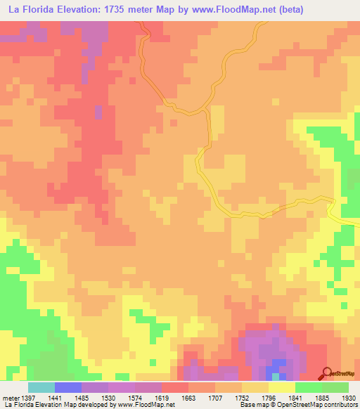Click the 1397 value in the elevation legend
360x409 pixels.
coord(28,397)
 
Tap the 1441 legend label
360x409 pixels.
coord(54,397)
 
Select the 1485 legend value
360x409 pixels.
coord(81,397)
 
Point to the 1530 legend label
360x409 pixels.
coord(108,397)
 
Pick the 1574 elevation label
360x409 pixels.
coord(134,397)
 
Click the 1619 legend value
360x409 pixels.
coord(161,397)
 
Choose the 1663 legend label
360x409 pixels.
coord(188,397)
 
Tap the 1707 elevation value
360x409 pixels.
coord(214,397)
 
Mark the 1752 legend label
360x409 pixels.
coord(241,397)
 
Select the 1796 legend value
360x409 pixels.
coord(268,397)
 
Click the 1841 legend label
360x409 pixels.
coord(295,397)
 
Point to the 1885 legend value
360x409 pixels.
coord(321,397)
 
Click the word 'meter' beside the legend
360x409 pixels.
coord(10,397)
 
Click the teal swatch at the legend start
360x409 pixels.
coord(41,387)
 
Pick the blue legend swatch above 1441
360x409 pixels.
coord(67,387)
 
